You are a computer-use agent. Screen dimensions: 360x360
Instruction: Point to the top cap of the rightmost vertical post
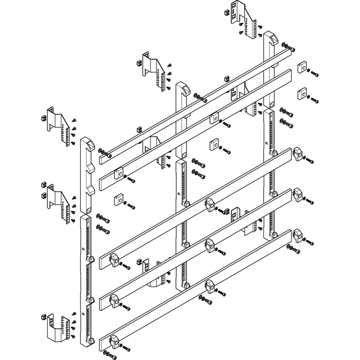pos(271,38)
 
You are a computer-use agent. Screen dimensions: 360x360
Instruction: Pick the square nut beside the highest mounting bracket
pos(227,13)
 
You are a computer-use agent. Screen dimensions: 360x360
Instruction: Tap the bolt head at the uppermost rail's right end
pos(292,49)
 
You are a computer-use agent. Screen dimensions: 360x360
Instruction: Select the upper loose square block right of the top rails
pos(302,68)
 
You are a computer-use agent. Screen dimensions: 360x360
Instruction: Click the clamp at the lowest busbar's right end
pos(297,235)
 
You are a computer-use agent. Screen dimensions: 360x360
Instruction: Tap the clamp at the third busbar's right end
pos(297,153)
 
